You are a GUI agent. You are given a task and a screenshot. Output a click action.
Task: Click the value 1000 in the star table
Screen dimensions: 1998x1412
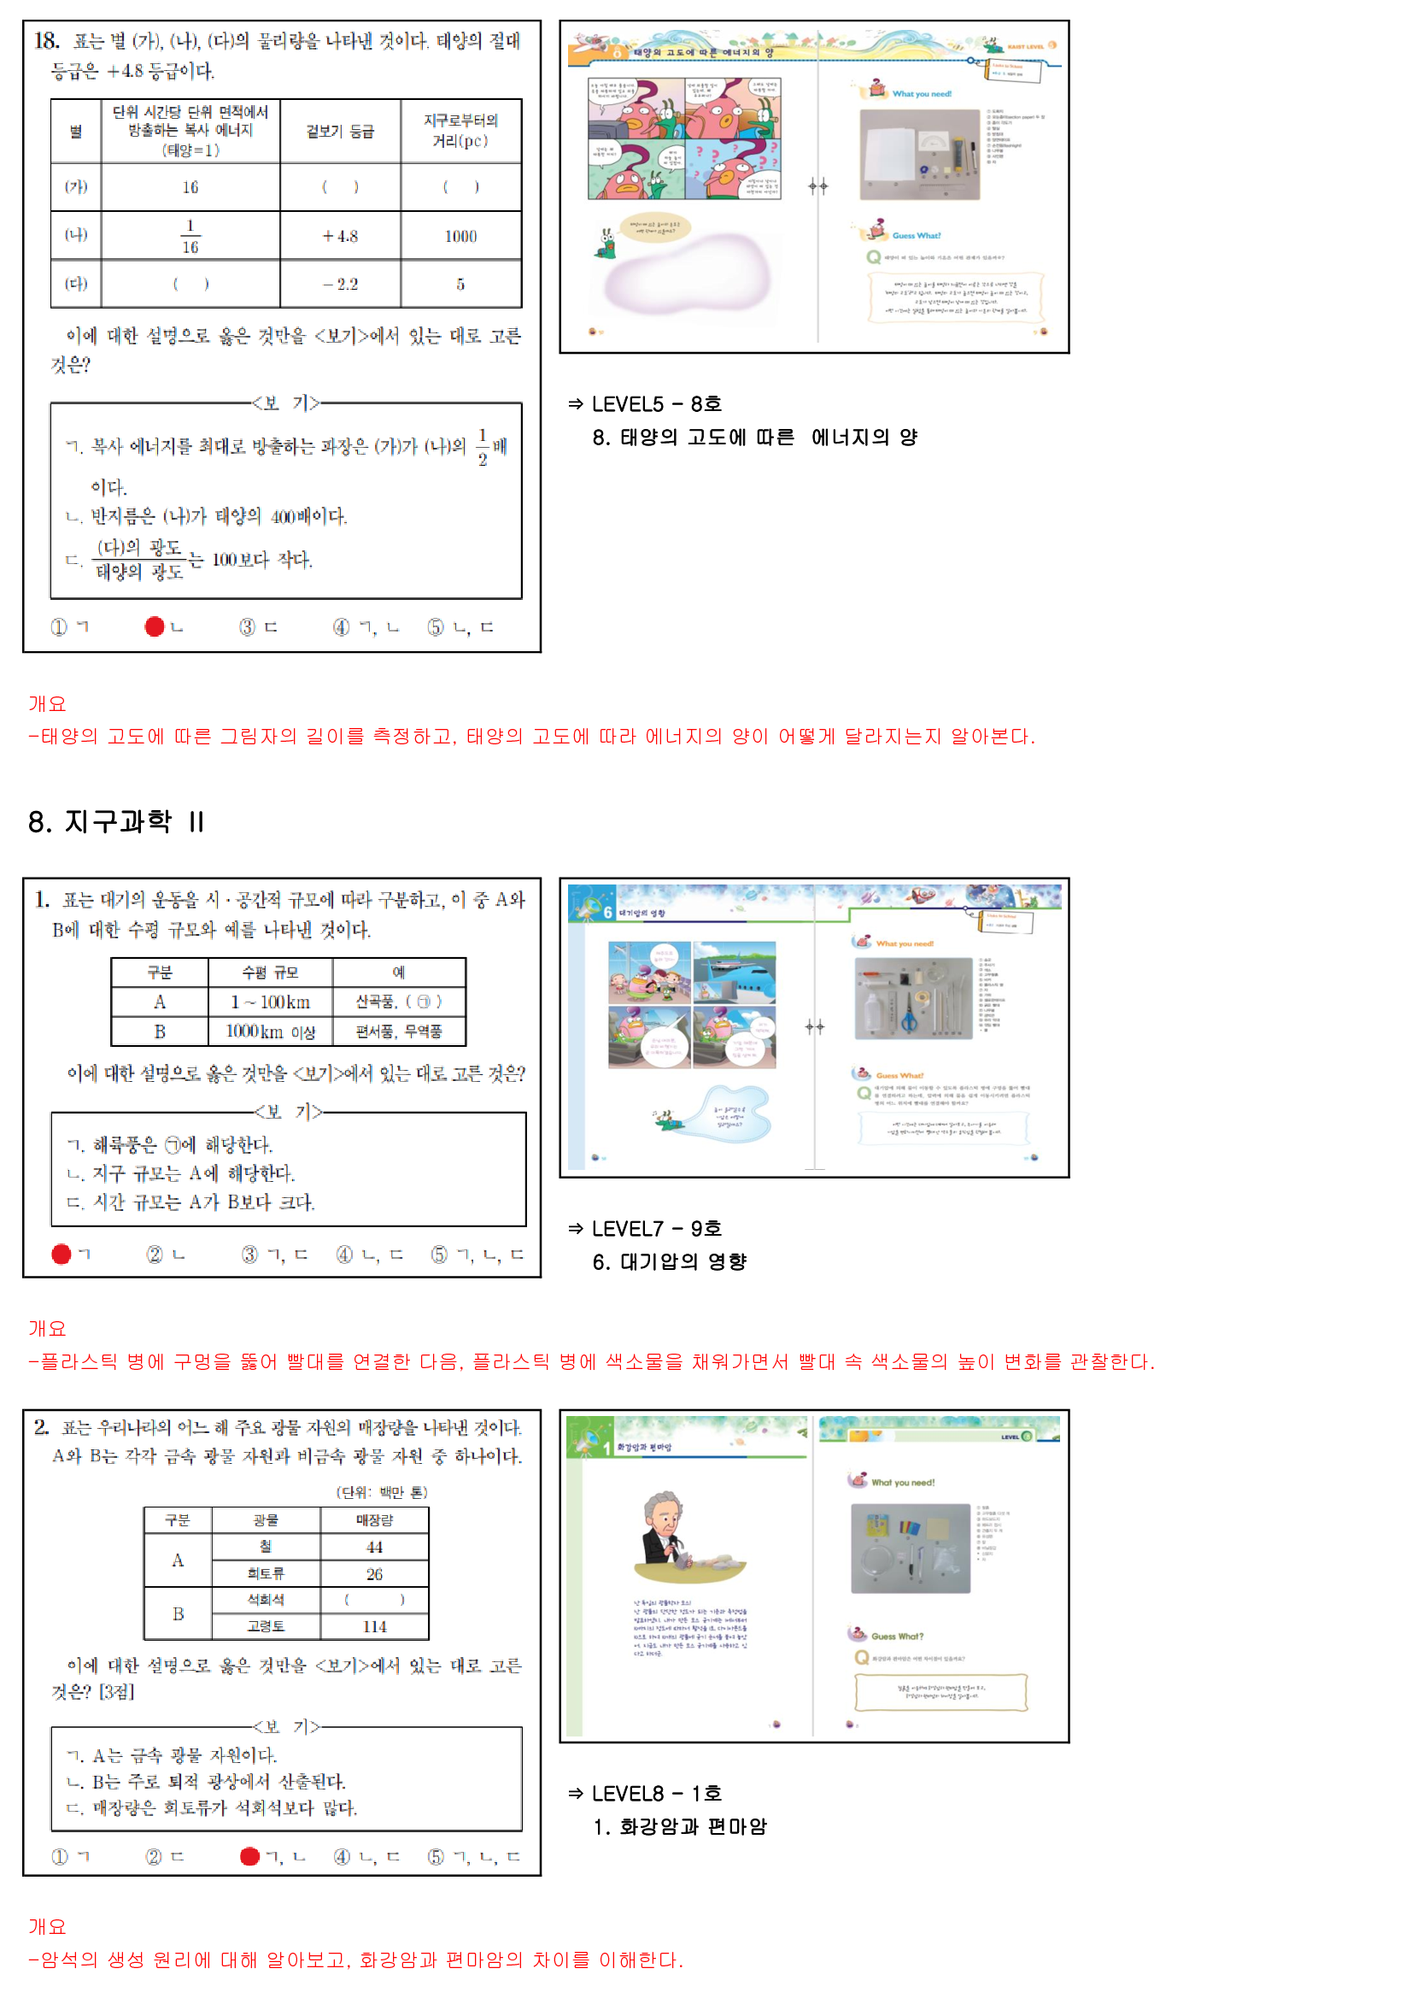[460, 237]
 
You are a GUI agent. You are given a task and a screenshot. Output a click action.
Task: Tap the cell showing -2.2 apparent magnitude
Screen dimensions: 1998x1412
[340, 285]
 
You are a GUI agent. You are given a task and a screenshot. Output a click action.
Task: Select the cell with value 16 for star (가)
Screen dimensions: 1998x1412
[190, 187]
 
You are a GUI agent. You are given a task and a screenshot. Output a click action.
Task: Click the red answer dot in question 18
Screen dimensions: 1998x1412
[155, 626]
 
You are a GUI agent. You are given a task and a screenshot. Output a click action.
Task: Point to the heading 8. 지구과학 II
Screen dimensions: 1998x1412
[116, 821]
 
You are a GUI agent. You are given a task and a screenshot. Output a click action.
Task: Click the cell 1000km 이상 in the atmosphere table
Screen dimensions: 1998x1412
[270, 1032]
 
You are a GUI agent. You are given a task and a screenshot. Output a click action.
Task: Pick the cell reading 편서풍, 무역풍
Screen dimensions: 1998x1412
[398, 1032]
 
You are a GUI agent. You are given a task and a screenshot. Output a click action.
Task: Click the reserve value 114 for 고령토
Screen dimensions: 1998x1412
[374, 1626]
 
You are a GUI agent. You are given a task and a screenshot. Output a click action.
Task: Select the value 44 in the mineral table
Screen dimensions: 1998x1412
[374, 1548]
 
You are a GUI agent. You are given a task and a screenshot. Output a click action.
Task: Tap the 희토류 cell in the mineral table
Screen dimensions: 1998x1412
[266, 1573]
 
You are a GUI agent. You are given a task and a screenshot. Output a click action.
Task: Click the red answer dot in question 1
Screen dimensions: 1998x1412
[61, 1254]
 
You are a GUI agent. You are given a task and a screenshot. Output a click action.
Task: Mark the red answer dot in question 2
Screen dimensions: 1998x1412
[249, 1856]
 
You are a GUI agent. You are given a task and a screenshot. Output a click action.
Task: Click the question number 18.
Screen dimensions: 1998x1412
[46, 41]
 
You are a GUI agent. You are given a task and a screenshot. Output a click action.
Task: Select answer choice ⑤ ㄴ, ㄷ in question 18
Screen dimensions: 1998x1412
[460, 627]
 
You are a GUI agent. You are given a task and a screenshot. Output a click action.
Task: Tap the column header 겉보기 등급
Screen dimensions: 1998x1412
[340, 132]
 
